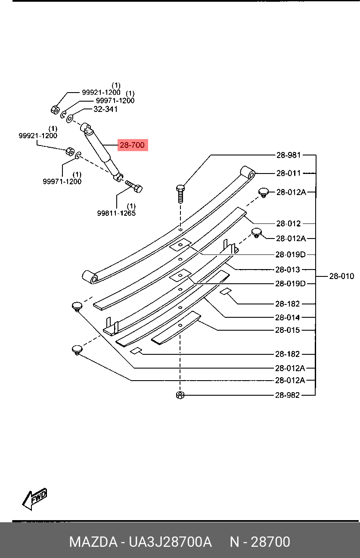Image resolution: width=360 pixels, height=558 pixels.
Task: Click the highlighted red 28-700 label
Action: [x=133, y=145]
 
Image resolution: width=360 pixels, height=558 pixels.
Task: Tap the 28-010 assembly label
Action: [x=341, y=276]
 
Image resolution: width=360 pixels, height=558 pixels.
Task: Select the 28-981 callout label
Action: [x=289, y=155]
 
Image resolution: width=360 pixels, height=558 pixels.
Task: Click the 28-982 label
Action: [x=287, y=395]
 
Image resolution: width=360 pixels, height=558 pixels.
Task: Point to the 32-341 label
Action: [x=106, y=109]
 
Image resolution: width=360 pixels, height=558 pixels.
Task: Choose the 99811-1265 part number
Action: [x=116, y=213]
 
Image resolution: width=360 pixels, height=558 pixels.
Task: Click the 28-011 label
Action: [x=289, y=173]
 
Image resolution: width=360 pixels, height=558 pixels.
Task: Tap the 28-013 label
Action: [x=288, y=270]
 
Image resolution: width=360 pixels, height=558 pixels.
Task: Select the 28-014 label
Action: [x=288, y=317]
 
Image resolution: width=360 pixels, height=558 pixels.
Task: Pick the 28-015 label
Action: [x=288, y=330]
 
